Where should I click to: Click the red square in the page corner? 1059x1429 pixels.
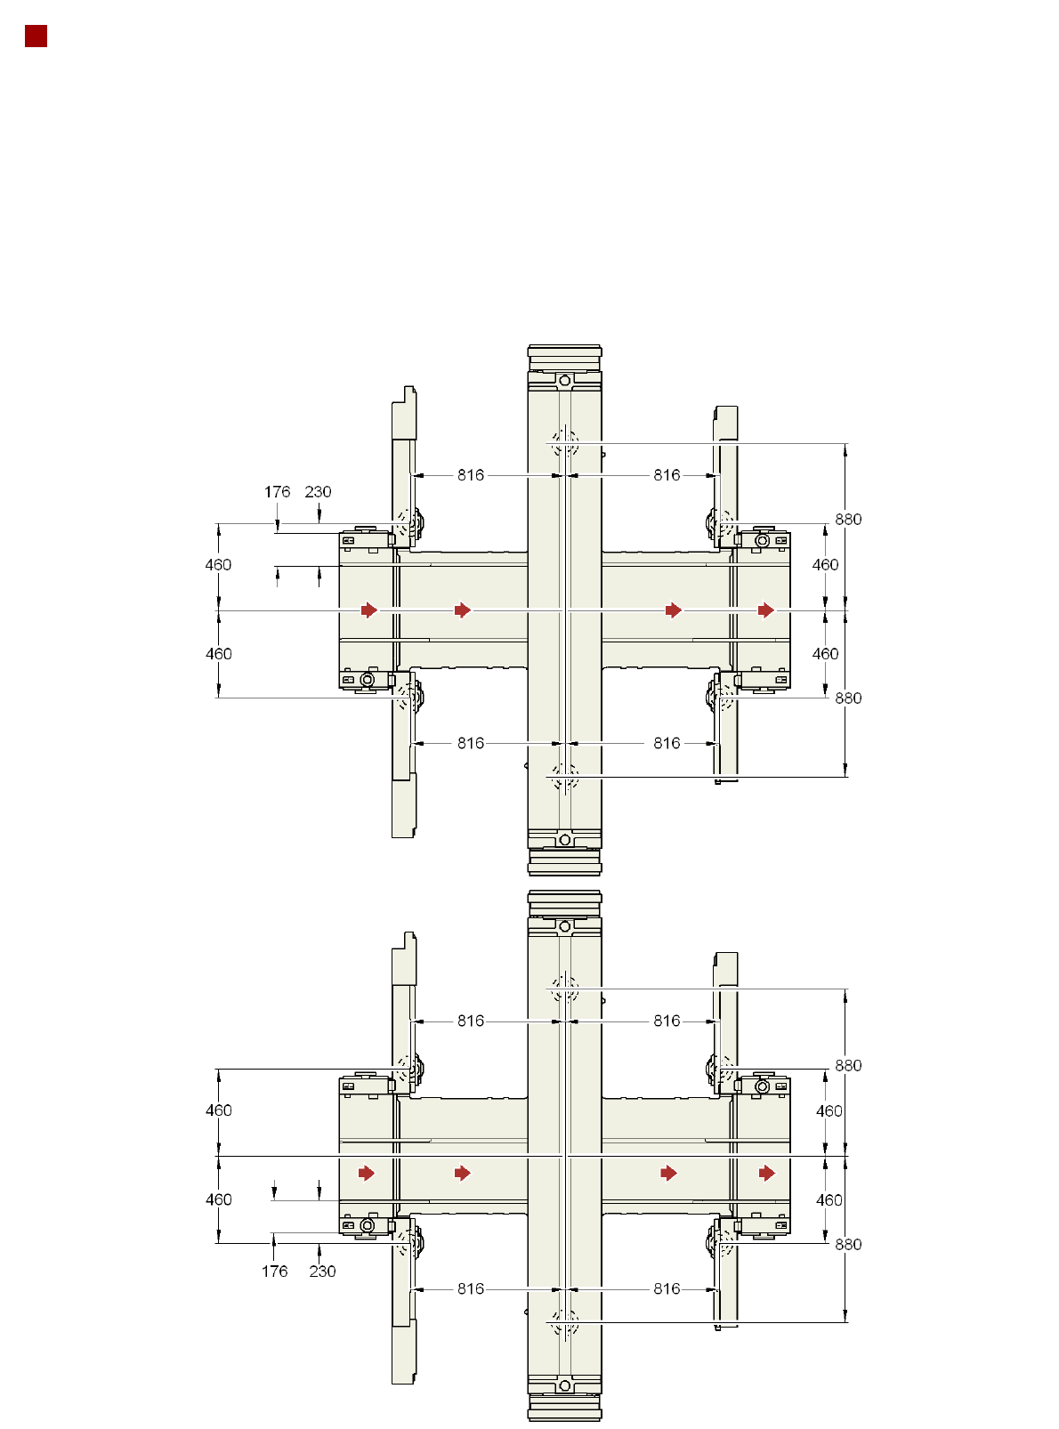tap(36, 36)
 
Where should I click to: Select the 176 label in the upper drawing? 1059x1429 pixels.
tap(277, 491)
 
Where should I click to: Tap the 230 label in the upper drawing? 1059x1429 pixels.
tap(318, 491)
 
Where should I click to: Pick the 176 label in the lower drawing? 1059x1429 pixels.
tap(275, 1272)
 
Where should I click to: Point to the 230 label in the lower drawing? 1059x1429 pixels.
tap(322, 1272)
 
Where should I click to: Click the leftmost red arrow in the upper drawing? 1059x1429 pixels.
tap(369, 610)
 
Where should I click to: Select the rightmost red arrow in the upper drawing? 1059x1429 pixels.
tap(765, 610)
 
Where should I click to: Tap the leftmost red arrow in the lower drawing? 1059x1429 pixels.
tap(367, 1173)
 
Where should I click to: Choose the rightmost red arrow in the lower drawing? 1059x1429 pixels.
tap(766, 1173)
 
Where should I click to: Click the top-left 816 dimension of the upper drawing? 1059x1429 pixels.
tap(471, 475)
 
